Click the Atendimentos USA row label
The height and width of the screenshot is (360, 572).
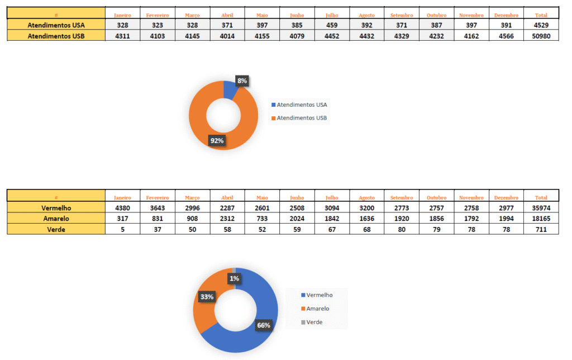56,25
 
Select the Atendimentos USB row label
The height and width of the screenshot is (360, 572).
56,36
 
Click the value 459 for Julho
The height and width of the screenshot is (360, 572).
332,25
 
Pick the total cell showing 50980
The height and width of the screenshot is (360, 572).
541,36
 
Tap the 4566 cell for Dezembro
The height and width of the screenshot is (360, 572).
506,36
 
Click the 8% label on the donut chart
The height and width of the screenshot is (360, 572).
242,81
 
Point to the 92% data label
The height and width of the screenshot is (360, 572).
216,141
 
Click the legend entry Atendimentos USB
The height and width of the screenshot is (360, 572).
302,118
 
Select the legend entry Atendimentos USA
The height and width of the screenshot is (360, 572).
302,105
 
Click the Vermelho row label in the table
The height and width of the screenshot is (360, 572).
56,208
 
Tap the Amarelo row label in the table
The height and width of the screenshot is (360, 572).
56,219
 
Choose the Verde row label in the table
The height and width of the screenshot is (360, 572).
56,229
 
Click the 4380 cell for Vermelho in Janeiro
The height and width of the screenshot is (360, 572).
122,208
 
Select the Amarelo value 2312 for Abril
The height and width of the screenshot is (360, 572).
227,219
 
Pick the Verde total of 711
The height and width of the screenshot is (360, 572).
541,229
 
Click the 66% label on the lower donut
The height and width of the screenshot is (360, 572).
264,325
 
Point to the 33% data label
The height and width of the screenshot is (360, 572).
207,297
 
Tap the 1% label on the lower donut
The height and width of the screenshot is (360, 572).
234,278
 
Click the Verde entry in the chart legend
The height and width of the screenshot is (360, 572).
314,322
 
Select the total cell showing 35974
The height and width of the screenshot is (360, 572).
541,208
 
